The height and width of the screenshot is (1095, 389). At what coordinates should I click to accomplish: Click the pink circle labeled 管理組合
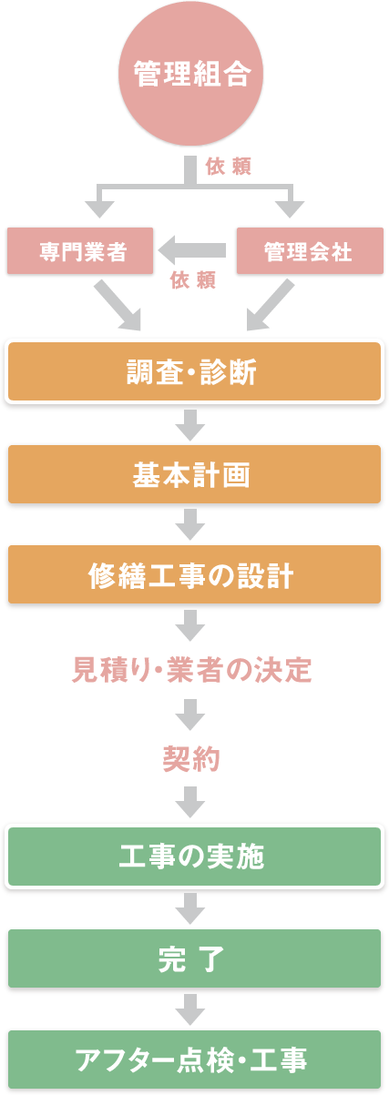(190, 74)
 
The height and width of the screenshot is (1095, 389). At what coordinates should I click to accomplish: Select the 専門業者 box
(80, 251)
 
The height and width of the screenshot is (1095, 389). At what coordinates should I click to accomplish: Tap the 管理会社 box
(310, 251)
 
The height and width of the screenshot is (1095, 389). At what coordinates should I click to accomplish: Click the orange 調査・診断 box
(194, 372)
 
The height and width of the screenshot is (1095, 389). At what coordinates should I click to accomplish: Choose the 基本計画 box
(194, 474)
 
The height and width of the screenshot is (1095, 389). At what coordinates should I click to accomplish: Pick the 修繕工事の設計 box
(194, 574)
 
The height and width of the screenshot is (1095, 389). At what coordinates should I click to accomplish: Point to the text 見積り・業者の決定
(192, 670)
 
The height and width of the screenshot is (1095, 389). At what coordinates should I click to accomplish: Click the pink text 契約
(191, 759)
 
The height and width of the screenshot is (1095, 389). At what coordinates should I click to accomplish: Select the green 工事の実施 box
(194, 857)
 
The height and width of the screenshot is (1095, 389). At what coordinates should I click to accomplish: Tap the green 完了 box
(194, 958)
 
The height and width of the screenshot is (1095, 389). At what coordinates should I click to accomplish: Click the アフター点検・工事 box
(194, 1060)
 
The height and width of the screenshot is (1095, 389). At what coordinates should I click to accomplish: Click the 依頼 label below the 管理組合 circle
(229, 167)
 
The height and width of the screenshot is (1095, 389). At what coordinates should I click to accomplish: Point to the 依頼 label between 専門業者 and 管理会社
(193, 280)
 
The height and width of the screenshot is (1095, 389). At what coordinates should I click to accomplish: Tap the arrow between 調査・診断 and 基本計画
(190, 425)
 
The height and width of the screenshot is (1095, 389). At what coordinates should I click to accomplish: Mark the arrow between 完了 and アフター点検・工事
(190, 1009)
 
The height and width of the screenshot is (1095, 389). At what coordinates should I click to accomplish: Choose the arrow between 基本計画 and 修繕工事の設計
(190, 524)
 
